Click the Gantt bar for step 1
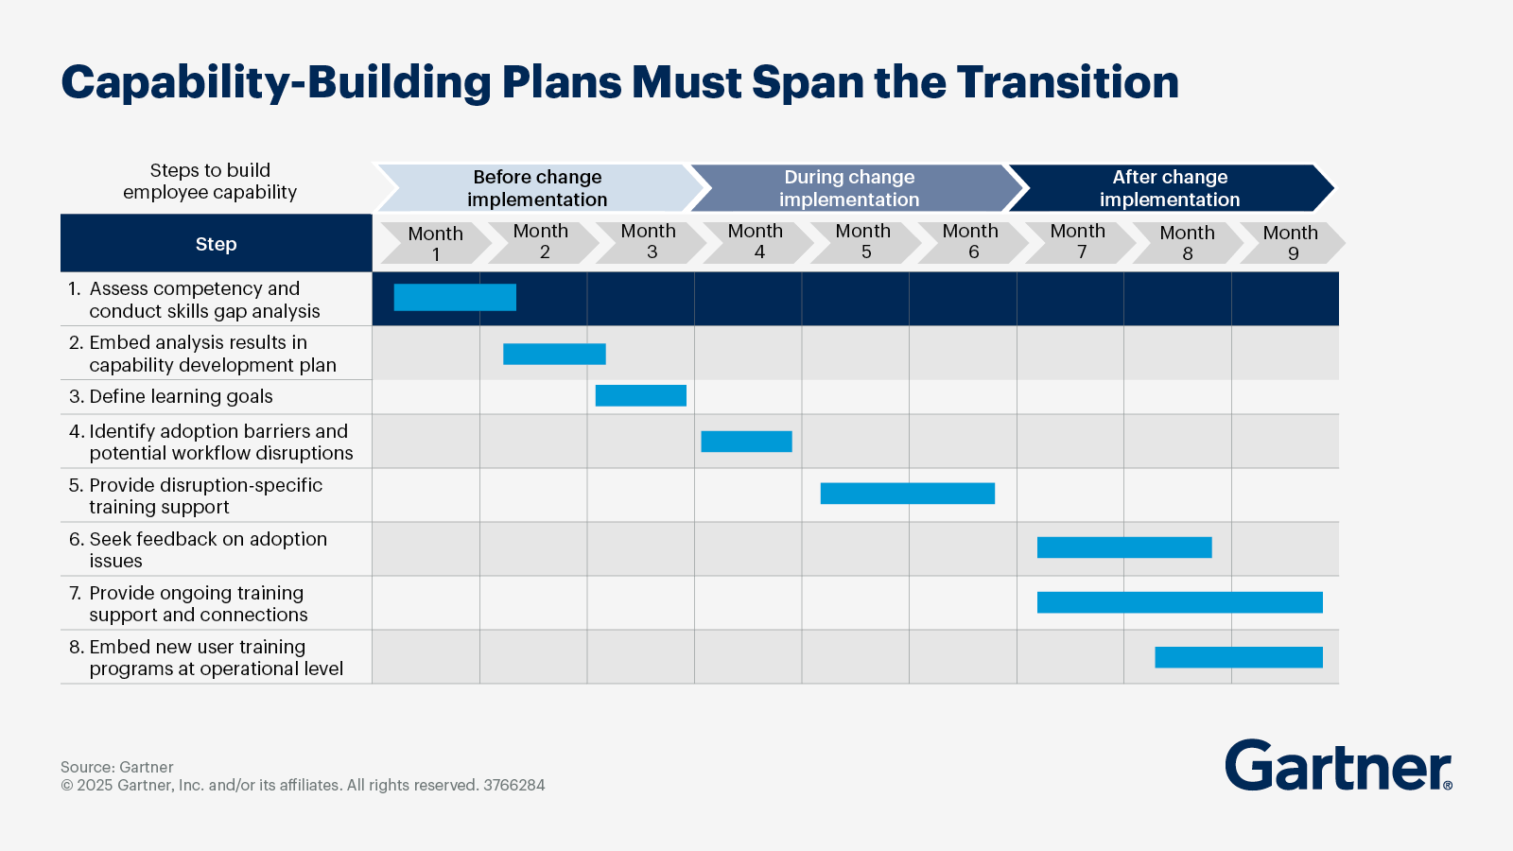click(x=455, y=297)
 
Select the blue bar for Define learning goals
click(x=640, y=395)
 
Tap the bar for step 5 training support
click(x=907, y=493)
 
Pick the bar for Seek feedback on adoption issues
click(x=1123, y=547)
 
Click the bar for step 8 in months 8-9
click(x=1238, y=656)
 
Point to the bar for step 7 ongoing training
click(x=1179, y=601)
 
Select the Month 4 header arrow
click(x=756, y=242)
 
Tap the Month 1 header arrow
click(x=434, y=243)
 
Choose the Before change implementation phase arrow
click(x=537, y=188)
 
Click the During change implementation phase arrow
click(x=849, y=188)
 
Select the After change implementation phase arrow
click(x=1170, y=188)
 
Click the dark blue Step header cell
click(x=216, y=244)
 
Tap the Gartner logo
click(x=1337, y=766)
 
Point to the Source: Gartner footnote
click(x=117, y=767)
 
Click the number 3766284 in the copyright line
click(x=513, y=785)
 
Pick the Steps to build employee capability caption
click(x=210, y=181)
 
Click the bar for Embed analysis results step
click(x=554, y=354)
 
